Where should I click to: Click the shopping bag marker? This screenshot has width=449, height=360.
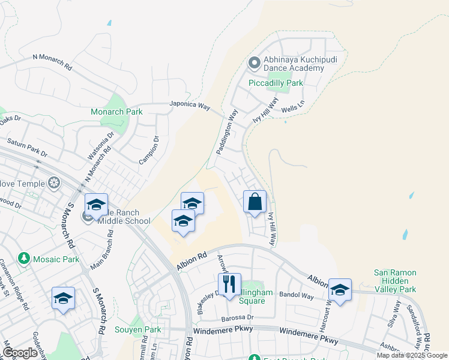[x=255, y=202]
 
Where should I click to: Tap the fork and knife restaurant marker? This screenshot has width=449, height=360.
[x=229, y=284]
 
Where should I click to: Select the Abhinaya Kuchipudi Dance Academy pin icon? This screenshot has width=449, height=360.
[x=254, y=62]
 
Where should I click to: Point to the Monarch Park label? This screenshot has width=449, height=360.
[x=116, y=112]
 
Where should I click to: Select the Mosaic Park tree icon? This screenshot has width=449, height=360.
[x=24, y=259]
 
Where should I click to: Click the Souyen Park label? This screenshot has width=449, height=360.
[x=138, y=329]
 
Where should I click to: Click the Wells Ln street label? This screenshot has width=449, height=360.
[x=293, y=110]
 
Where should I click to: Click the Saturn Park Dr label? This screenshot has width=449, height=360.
[x=26, y=147]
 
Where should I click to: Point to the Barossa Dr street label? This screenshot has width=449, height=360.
[x=237, y=317]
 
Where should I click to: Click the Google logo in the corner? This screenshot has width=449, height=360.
[x=20, y=353]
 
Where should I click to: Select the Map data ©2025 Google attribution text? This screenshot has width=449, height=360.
[x=412, y=355]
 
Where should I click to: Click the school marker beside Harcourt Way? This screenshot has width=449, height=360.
[x=340, y=290]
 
